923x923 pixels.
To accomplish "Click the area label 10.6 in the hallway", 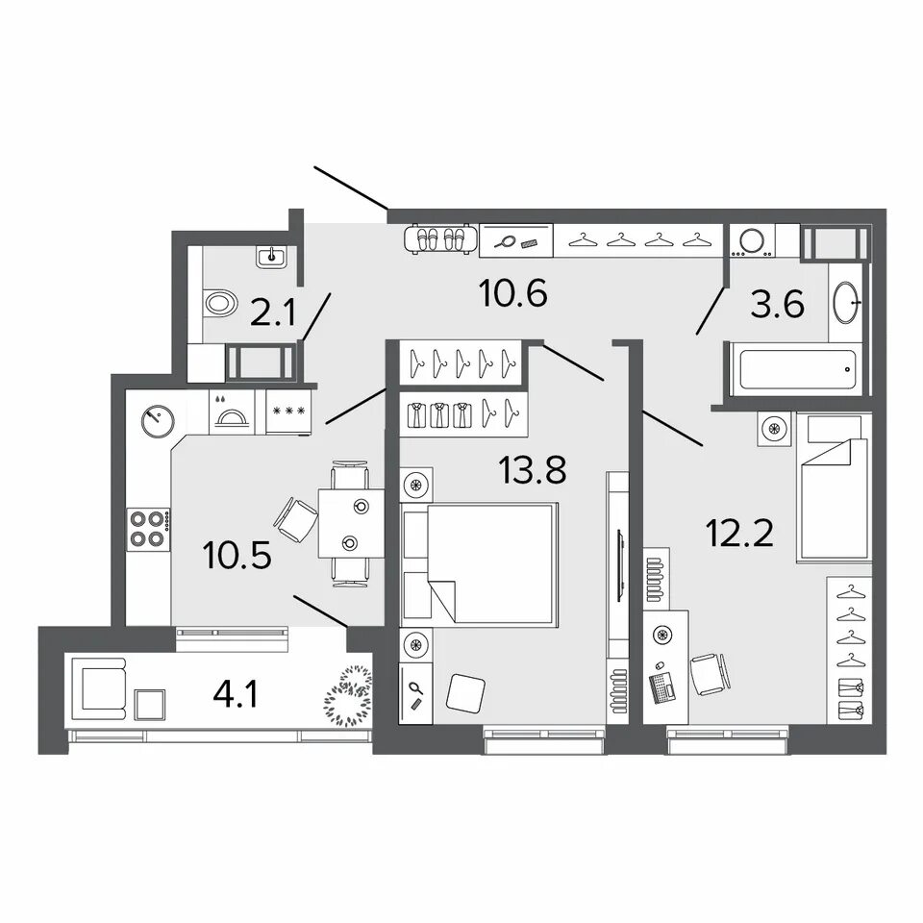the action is [513, 293].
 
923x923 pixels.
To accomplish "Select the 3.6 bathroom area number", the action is [777, 305].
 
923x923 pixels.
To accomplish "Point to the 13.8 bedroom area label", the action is [532, 470].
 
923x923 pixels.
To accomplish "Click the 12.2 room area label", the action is [739, 534].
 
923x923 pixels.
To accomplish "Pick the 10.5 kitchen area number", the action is [237, 556].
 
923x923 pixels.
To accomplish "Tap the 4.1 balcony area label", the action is [236, 695].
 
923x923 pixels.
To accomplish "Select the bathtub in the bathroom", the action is [797, 369].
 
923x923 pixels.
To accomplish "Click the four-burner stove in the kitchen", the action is [148, 529].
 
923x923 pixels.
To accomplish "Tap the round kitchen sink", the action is [158, 420].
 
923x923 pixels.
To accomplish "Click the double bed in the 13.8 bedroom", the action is [479, 564].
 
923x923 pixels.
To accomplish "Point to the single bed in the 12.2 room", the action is [833, 487].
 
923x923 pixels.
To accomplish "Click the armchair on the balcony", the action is [99, 688].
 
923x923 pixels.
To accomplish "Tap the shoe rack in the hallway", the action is [441, 239].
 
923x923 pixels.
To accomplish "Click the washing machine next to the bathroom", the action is [752, 240].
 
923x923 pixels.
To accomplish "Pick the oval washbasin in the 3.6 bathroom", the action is [846, 302].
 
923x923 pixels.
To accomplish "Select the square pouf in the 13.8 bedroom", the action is [465, 691].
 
